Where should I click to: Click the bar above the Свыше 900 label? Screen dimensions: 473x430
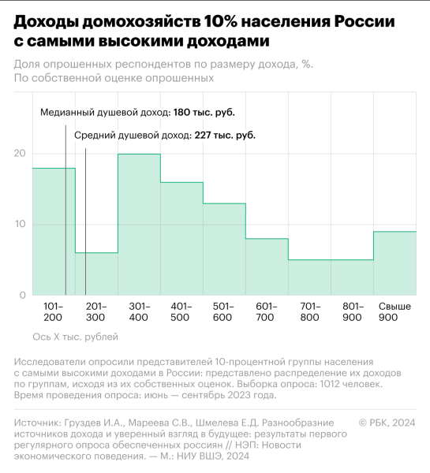394,263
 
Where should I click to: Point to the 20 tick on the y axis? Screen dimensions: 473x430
20,153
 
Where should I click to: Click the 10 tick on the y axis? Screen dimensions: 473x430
20,224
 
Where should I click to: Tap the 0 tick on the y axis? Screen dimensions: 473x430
23,295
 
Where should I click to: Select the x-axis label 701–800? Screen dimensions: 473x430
309,311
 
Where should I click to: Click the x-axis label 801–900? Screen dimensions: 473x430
352,311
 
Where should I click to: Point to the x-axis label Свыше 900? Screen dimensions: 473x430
394,311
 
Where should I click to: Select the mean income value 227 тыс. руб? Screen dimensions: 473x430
225,136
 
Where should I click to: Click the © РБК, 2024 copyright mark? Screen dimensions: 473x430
387,423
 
